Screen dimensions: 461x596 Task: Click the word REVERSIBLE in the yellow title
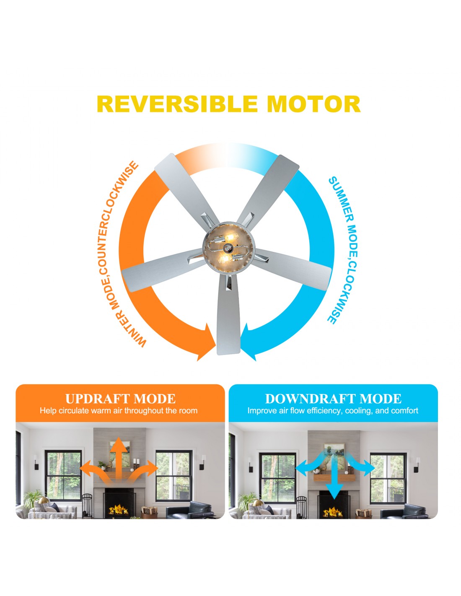(x=177, y=104)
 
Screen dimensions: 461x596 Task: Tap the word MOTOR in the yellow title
(x=313, y=104)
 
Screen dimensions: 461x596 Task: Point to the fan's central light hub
(x=229, y=247)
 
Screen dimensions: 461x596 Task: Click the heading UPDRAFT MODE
(x=120, y=399)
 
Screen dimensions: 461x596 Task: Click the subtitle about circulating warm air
(x=119, y=411)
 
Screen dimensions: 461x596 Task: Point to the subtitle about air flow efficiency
(x=333, y=411)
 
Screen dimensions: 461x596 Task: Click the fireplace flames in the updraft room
(x=119, y=510)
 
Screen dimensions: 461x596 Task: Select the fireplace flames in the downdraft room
(x=333, y=511)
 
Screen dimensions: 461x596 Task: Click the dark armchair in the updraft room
(x=189, y=510)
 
